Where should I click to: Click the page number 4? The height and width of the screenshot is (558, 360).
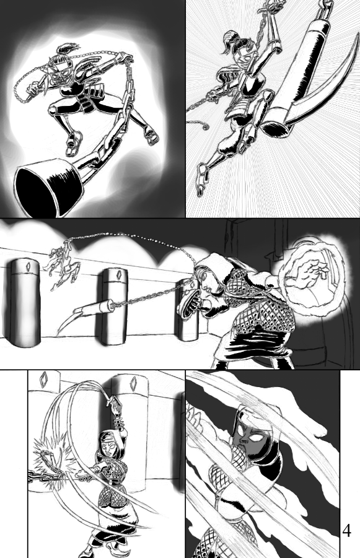[346, 530]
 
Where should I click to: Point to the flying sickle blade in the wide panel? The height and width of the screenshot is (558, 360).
[69, 320]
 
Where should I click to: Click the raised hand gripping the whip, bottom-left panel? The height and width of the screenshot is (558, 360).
[116, 405]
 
